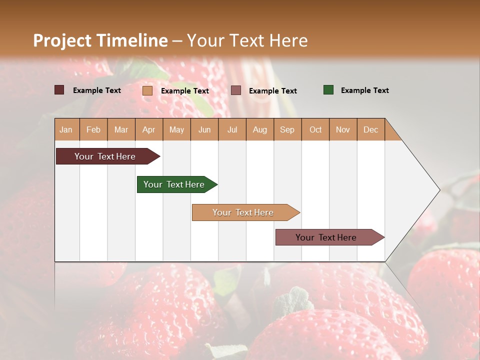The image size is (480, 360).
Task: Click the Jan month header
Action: point(66,129)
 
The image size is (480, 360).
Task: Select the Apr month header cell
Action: point(149,129)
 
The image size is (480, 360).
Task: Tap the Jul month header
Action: point(232,129)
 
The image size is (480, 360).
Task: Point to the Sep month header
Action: point(287,129)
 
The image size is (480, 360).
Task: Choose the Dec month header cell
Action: point(370,129)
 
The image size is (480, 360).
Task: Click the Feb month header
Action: point(93,129)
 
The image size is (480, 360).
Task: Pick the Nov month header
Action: point(343,129)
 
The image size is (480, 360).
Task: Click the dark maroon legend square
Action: point(59,90)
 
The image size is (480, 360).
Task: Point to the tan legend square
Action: point(147,90)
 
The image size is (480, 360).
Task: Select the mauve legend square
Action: point(236,90)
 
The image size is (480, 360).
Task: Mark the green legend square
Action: point(328,90)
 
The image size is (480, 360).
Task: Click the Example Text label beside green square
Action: point(364,90)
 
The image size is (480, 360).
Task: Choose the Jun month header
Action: point(204,129)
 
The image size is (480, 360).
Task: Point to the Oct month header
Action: point(315,129)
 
